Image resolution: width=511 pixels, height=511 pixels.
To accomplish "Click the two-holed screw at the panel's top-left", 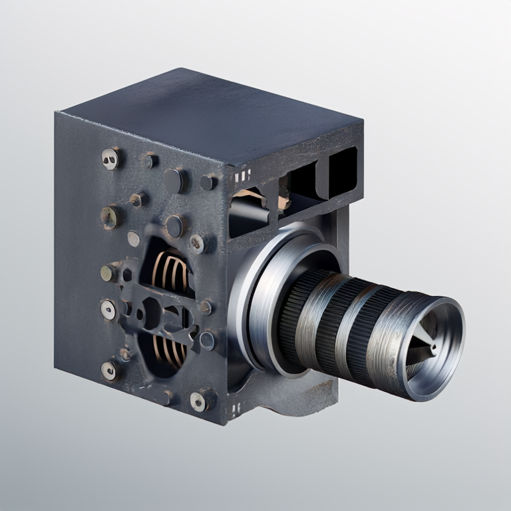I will tap(110, 158).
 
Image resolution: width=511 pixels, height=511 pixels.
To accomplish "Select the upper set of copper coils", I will tap(170, 269).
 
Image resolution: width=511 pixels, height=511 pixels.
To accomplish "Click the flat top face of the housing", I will tap(213, 113).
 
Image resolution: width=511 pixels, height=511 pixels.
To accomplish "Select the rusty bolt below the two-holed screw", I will tap(110, 216).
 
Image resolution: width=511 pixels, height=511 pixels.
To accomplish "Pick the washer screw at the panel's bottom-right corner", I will tap(200, 400).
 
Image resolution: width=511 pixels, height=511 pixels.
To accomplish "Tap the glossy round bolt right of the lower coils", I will tap(208, 341).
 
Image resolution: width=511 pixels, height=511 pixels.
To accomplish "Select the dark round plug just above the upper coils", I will tap(174, 226).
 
